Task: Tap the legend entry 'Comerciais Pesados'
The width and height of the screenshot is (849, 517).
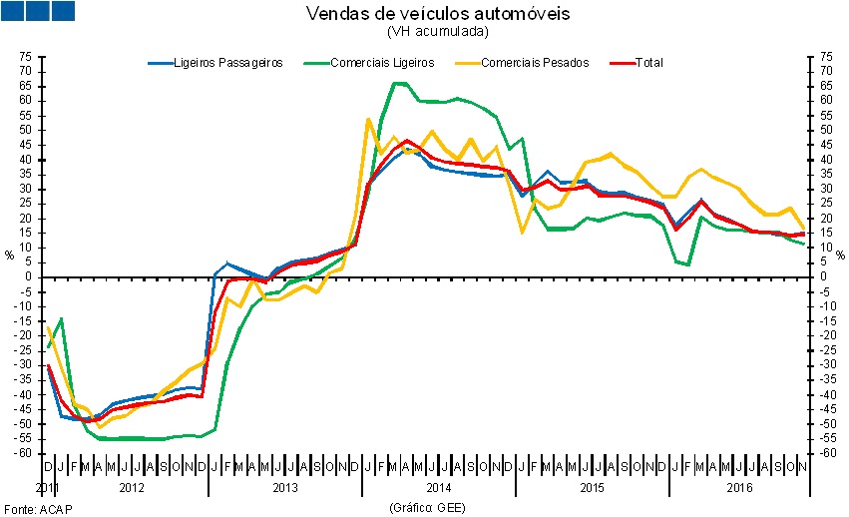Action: [535, 62]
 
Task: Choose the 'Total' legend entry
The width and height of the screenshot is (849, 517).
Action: [648, 62]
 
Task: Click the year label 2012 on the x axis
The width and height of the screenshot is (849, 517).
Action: [132, 488]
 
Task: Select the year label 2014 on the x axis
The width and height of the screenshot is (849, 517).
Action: [439, 488]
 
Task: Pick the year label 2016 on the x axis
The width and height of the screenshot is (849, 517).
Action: [739, 488]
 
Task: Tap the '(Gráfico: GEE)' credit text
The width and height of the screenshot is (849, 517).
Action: [426, 507]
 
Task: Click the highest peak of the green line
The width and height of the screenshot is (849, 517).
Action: [398, 83]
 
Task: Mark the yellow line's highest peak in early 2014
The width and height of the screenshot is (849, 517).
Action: [369, 119]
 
